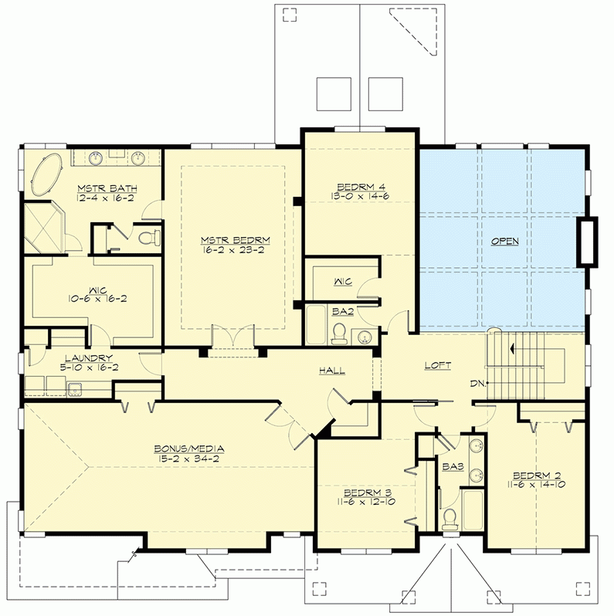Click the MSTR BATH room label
(x=97, y=188)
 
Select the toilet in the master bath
(x=151, y=237)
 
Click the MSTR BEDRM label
(x=232, y=240)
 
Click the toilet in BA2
(x=338, y=333)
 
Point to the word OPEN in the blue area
(x=505, y=242)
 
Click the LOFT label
(x=437, y=366)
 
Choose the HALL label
(x=333, y=371)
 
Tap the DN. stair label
(x=478, y=383)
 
